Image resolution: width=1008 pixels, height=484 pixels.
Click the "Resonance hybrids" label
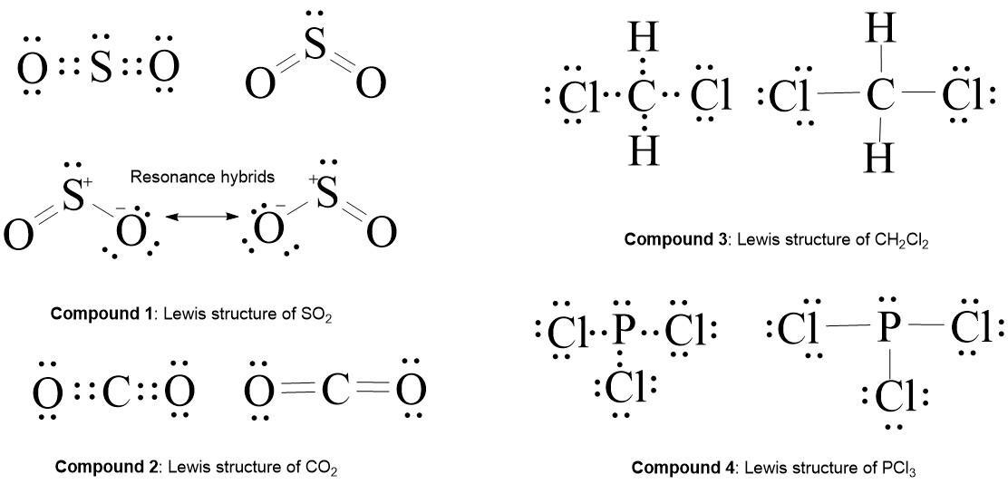click(x=201, y=177)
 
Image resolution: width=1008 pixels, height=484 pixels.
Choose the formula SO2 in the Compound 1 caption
click(x=305, y=315)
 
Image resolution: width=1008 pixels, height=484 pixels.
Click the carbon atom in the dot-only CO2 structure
click(x=115, y=392)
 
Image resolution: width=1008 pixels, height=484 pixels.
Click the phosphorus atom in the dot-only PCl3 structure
click(x=621, y=333)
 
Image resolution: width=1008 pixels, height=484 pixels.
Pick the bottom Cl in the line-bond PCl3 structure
click(x=893, y=396)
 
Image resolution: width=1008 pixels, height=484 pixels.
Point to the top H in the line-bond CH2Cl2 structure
click(x=878, y=29)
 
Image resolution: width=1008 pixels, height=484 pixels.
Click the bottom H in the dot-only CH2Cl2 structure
click(x=643, y=150)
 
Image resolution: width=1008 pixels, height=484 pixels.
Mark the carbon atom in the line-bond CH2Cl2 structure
click(x=877, y=95)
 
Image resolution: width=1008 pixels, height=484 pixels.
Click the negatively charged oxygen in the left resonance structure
click(x=131, y=232)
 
